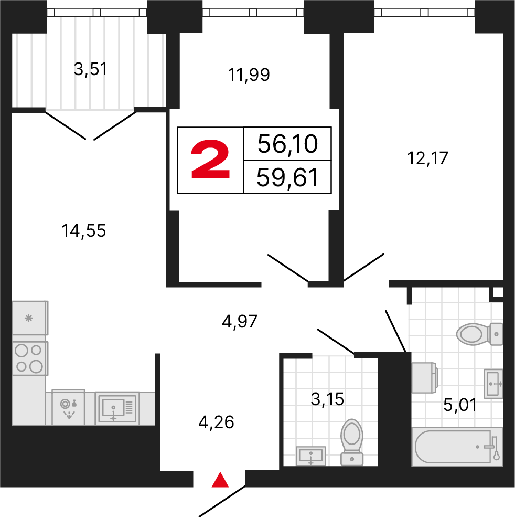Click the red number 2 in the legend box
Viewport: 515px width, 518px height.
tap(210, 161)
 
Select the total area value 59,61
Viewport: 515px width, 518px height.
tap(287, 178)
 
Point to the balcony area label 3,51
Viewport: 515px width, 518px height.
tap(90, 69)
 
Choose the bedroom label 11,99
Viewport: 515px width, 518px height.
tap(249, 75)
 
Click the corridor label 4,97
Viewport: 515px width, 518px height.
tap(240, 321)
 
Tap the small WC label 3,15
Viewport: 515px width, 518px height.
tap(327, 399)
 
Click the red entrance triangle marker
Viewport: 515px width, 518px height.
tap(221, 480)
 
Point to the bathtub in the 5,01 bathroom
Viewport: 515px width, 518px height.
tap(457, 446)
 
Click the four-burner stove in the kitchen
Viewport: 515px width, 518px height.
tap(29, 358)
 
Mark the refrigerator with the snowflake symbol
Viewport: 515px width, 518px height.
tap(29, 318)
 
